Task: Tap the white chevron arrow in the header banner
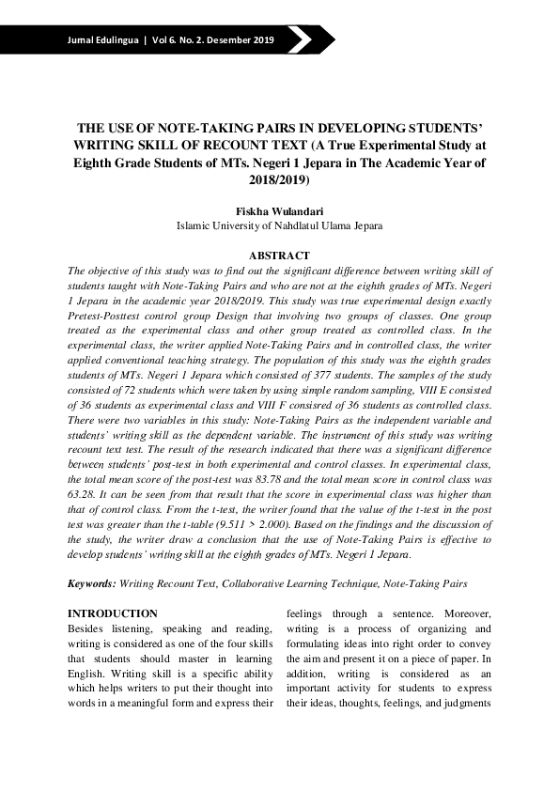[300, 39]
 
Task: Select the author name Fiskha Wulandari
[279, 210]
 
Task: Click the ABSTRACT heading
[279, 256]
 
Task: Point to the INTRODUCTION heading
[113, 613]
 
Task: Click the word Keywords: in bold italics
[92, 583]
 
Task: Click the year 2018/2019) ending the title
[279, 178]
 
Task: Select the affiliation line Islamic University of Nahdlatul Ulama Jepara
[279, 226]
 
